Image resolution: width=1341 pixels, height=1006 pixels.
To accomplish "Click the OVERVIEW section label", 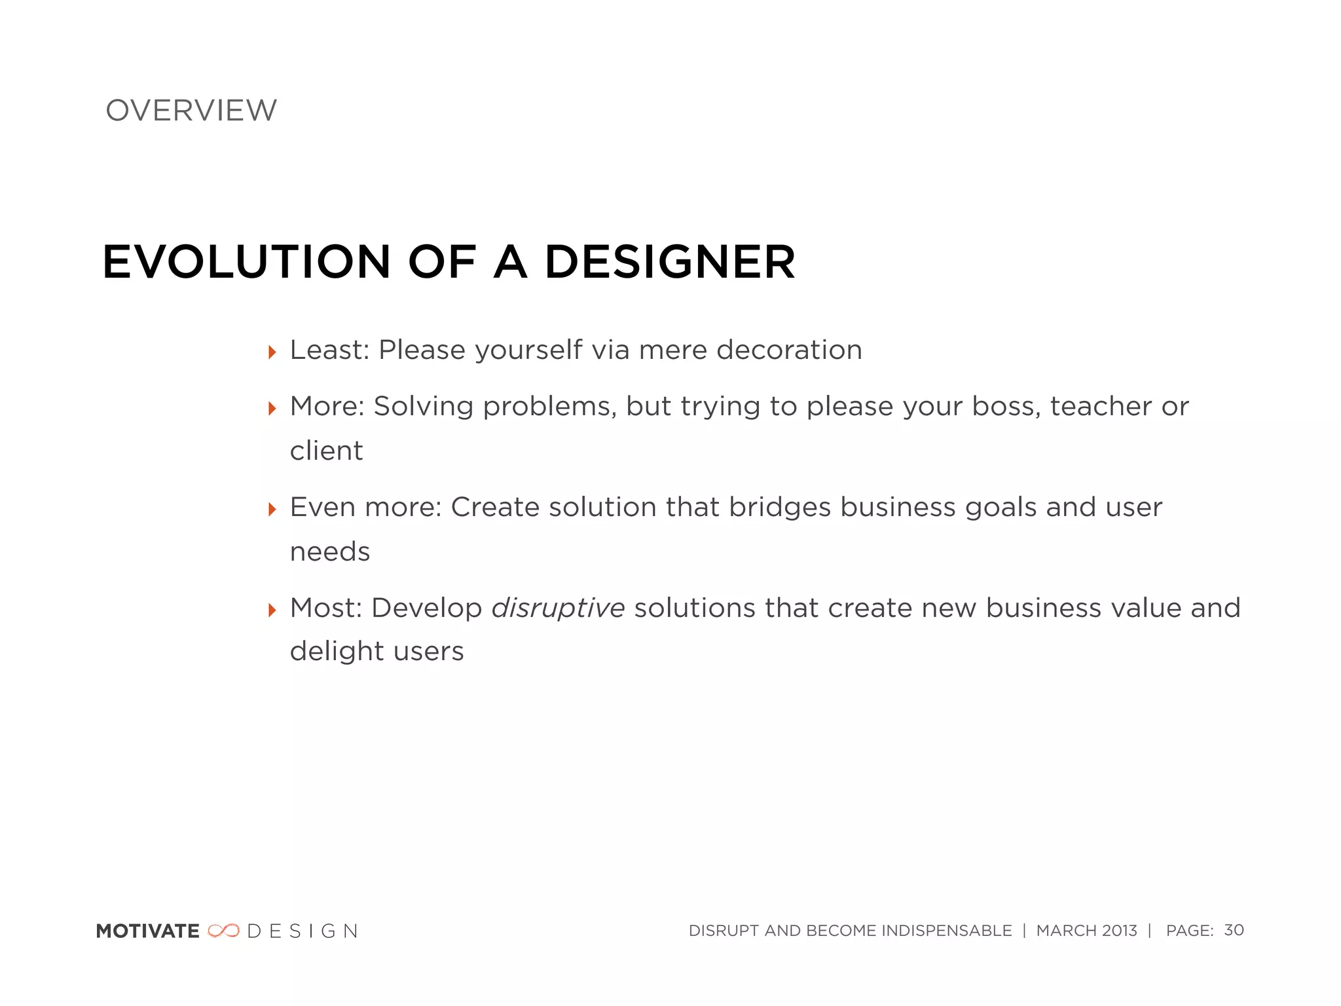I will click(x=191, y=111).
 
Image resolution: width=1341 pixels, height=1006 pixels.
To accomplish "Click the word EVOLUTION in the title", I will click(x=246, y=262).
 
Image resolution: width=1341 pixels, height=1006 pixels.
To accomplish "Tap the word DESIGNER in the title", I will click(x=669, y=262).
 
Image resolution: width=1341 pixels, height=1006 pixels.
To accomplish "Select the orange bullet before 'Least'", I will click(x=272, y=353).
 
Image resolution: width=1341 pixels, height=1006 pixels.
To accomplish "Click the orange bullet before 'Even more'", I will click(x=272, y=510).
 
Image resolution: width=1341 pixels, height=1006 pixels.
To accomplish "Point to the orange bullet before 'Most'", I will click(x=272, y=610).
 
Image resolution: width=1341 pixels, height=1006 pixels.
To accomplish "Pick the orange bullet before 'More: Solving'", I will click(x=272, y=409).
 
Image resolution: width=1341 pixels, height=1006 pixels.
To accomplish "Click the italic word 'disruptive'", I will click(x=558, y=608).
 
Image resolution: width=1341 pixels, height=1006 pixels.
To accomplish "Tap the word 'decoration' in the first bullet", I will click(x=789, y=350).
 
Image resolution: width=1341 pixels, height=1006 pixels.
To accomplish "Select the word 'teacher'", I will click(x=1101, y=407).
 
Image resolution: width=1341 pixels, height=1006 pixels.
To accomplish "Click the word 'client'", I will click(x=326, y=451).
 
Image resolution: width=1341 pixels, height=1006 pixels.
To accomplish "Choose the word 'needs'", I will click(x=330, y=552).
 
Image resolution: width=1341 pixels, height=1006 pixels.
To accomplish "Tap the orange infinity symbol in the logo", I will click(x=223, y=931).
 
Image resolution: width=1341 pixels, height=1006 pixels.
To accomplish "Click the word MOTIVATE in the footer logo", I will click(x=147, y=931).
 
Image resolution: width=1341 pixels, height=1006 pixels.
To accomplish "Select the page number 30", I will click(x=1234, y=930).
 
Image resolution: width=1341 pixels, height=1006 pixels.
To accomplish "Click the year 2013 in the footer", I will click(x=1119, y=931).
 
